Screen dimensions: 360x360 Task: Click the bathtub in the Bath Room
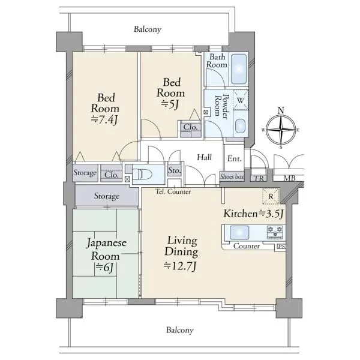(239, 69)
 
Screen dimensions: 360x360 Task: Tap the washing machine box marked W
(241, 100)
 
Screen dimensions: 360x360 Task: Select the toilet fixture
(142, 174)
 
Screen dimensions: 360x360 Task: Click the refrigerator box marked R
(271, 196)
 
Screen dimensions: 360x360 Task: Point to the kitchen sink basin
(239, 232)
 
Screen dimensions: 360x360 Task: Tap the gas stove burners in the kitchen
(275, 232)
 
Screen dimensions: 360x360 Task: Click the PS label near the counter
(281, 247)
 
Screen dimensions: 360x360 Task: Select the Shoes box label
(232, 176)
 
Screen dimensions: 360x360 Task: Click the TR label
(259, 178)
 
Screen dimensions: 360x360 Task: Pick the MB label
(289, 178)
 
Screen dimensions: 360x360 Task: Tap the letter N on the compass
(281, 110)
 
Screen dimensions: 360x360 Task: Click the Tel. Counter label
(173, 191)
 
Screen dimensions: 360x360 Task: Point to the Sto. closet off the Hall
(175, 170)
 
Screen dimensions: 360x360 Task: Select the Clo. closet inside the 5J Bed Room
(190, 129)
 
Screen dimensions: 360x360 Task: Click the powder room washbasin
(241, 125)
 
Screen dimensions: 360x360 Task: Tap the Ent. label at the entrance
(234, 158)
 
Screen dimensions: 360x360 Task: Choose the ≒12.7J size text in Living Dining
(180, 266)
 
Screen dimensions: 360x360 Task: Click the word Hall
(205, 157)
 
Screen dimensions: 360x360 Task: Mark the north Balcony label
(148, 29)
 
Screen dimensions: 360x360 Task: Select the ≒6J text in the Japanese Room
(104, 267)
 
